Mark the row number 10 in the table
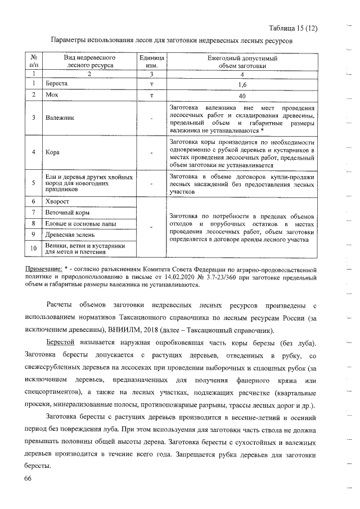click(x=34, y=248)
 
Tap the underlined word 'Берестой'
click(x=60, y=343)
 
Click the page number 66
click(x=29, y=478)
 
